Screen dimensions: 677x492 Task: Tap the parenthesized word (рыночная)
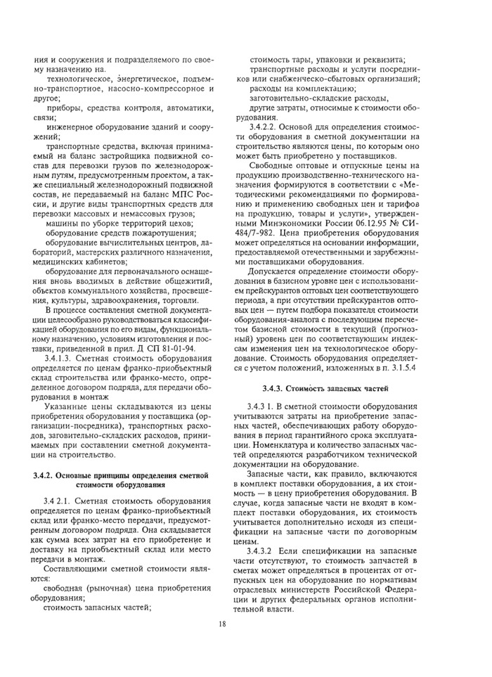pos(113,587)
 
